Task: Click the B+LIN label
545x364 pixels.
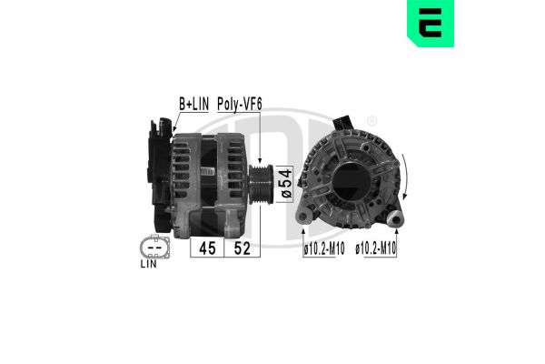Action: (193, 105)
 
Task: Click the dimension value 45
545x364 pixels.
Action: (206, 248)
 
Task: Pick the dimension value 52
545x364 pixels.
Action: (243, 248)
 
